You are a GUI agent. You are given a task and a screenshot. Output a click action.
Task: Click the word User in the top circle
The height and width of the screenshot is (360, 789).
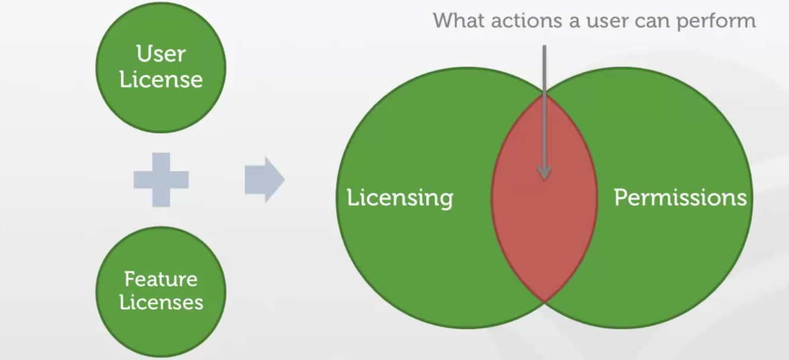tap(161, 54)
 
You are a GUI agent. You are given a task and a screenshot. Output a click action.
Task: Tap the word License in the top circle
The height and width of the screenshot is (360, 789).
tap(161, 79)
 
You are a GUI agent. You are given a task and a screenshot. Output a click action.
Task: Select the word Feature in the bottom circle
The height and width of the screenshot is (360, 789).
tap(161, 278)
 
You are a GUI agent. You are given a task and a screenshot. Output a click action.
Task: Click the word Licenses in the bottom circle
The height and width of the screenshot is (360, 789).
tap(161, 302)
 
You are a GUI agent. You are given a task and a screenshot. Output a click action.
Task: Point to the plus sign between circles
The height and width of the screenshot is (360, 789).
tap(161, 180)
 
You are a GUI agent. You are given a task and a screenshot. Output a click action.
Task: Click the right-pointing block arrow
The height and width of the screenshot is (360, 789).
tap(264, 180)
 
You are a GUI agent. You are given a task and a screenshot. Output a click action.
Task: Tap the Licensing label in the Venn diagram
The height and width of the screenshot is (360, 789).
tap(400, 198)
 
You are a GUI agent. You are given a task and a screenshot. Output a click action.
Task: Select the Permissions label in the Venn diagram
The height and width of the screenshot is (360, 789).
tap(680, 197)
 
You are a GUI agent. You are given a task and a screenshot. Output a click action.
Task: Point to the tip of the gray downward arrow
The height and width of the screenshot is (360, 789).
tap(544, 177)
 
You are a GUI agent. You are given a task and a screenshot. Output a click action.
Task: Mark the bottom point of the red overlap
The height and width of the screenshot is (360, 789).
tap(545, 300)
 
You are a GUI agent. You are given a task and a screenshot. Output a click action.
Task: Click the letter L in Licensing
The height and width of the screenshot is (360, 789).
tap(352, 197)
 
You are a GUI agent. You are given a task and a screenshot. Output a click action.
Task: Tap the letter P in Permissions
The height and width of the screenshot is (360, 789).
tap(621, 197)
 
